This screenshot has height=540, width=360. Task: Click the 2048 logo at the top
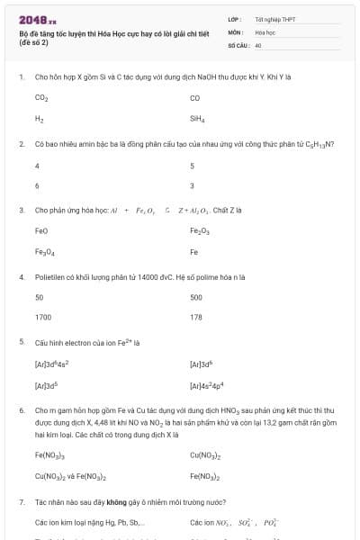pos(37,20)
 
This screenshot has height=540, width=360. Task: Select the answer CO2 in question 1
pos(41,97)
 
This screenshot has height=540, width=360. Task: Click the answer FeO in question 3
pos(41,231)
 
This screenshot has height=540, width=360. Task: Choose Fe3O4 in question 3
pos(44,253)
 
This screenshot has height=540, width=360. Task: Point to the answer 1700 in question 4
pos(43,318)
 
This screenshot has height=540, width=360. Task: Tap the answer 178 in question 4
pos(196,318)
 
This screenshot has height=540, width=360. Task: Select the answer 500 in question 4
pos(196,297)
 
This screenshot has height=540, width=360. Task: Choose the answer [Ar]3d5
pos(46,386)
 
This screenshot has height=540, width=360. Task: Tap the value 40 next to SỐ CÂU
pos(258,44)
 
